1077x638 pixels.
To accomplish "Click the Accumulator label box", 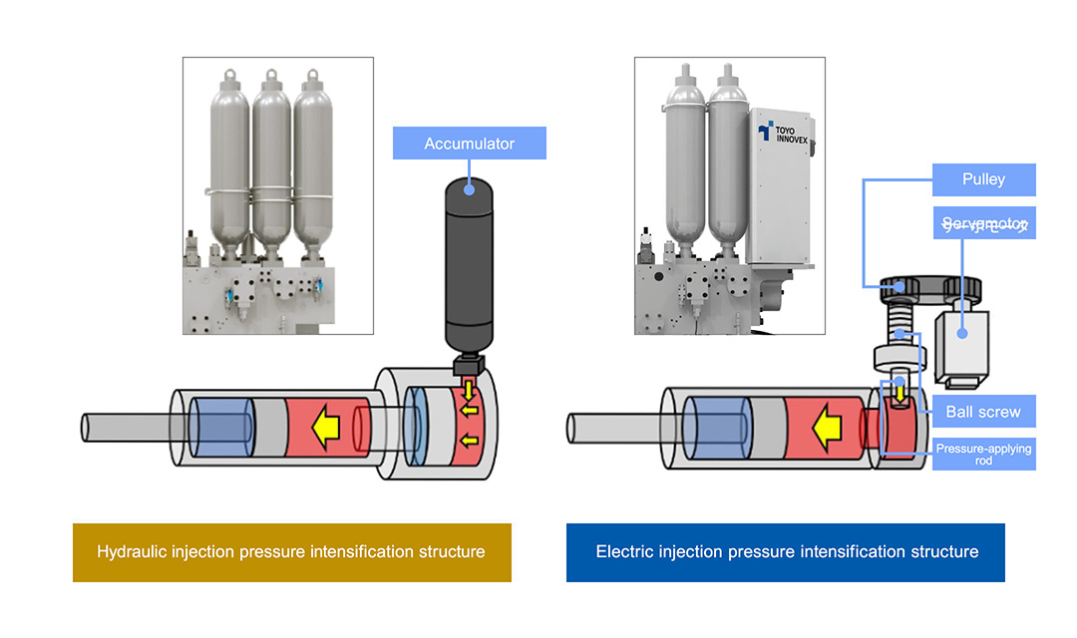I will click(x=470, y=144).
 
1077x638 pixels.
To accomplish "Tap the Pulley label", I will click(x=983, y=179).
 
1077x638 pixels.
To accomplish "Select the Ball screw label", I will click(x=983, y=411).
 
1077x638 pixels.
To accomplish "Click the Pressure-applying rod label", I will click(x=983, y=455).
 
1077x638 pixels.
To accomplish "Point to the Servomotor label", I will click(x=983, y=223).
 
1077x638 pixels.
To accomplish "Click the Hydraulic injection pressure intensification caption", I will click(x=291, y=551).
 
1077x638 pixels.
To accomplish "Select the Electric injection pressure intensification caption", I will click(x=786, y=551).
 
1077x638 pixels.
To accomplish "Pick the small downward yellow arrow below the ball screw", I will click(x=900, y=398).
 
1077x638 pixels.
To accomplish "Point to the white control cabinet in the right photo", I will click(x=785, y=189).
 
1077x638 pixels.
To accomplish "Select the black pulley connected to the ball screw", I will click(x=902, y=289).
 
